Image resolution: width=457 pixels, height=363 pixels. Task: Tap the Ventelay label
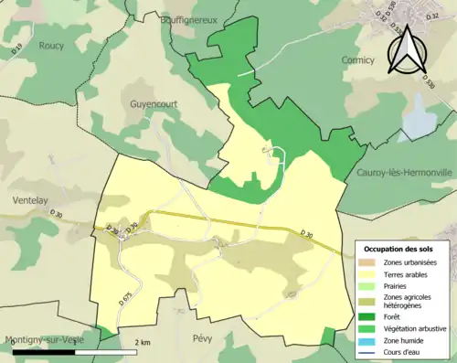(32, 171)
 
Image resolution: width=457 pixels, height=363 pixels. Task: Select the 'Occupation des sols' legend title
(400, 248)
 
